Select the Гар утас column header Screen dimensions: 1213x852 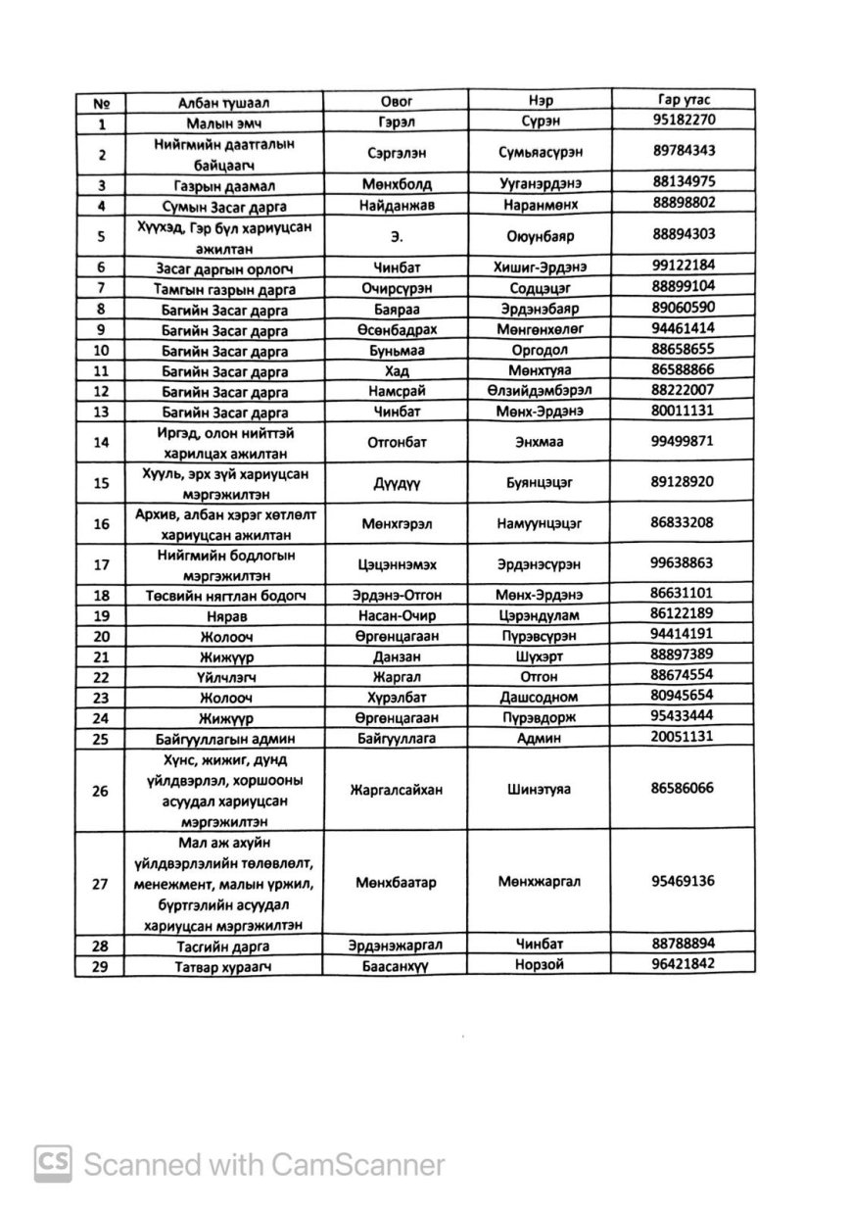point(684,100)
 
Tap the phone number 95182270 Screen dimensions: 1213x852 point(684,120)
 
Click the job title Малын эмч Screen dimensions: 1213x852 point(224,123)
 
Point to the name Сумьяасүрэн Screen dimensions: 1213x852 point(540,151)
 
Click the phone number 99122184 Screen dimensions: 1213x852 point(684,265)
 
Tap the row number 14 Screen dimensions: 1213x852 point(101,442)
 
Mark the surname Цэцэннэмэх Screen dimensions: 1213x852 point(396,564)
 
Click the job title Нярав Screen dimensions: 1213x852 point(224,615)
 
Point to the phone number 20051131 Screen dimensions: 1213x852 point(682,735)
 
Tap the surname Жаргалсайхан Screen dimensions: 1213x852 point(396,790)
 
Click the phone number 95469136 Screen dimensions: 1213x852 point(682,880)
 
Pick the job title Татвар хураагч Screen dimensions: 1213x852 point(224,966)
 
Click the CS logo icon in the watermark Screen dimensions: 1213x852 point(54,1163)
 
